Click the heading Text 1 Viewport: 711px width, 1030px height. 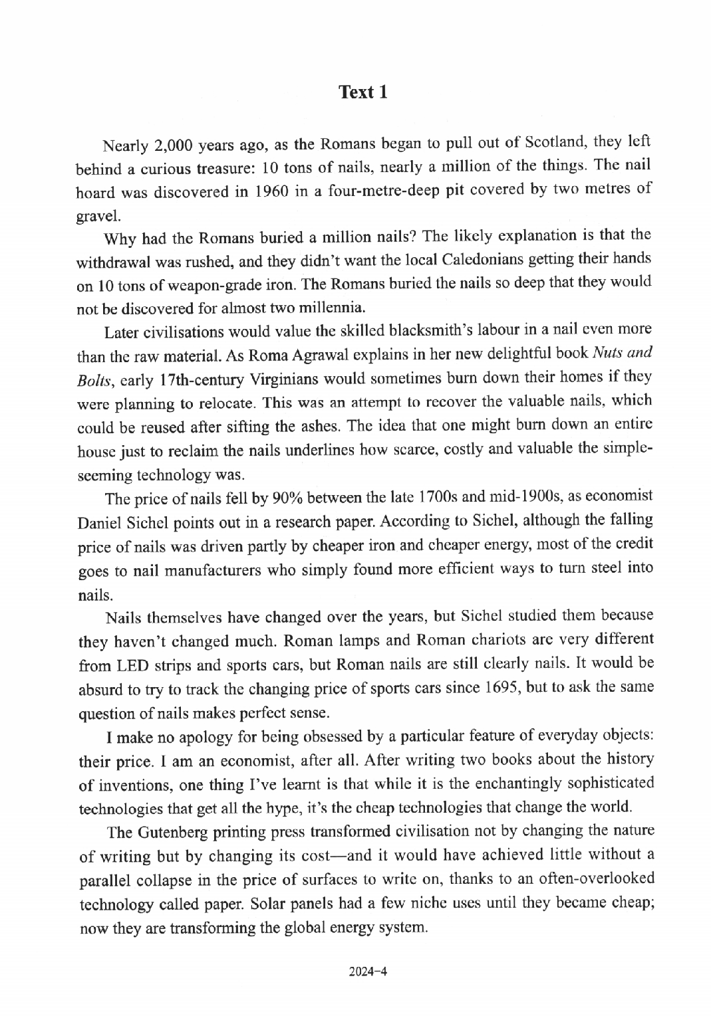coord(362,92)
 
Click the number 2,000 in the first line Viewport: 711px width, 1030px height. coord(174,145)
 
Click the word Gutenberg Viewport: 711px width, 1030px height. coord(176,832)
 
